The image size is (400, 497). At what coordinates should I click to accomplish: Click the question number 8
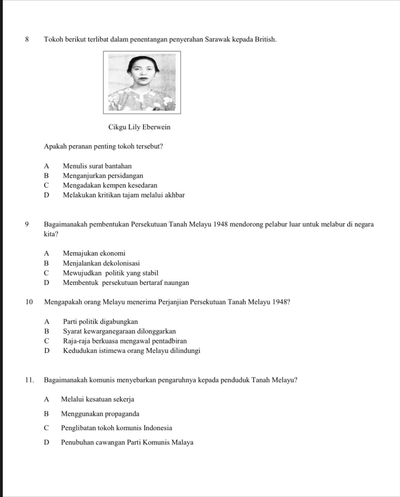point(27,39)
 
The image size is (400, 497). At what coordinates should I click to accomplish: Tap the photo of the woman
point(142,82)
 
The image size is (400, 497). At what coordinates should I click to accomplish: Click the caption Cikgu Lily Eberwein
point(139,127)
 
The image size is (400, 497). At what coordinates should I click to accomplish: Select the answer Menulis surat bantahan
point(97,166)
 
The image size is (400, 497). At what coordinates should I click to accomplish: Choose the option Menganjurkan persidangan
point(103,176)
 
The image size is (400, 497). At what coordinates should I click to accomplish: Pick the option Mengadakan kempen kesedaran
point(110,185)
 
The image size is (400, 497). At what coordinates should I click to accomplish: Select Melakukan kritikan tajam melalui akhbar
point(124,195)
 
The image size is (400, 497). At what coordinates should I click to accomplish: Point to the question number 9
point(27,225)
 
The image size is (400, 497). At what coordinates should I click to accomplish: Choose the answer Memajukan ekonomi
point(94,253)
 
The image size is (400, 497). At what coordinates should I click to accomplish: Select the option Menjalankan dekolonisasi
point(101,263)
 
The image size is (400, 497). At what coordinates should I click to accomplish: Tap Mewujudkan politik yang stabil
point(110,273)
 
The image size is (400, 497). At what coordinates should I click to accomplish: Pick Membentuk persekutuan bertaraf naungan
point(126,283)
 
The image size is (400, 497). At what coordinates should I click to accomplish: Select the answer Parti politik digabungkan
point(101,322)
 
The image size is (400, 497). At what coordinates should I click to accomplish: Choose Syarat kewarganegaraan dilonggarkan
point(119,331)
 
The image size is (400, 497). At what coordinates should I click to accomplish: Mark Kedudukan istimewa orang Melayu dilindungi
point(132,351)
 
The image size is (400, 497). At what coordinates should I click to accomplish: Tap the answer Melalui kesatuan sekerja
point(97,399)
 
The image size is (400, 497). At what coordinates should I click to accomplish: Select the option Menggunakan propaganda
point(100,414)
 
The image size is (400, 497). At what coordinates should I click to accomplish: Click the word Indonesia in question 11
point(158,428)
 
